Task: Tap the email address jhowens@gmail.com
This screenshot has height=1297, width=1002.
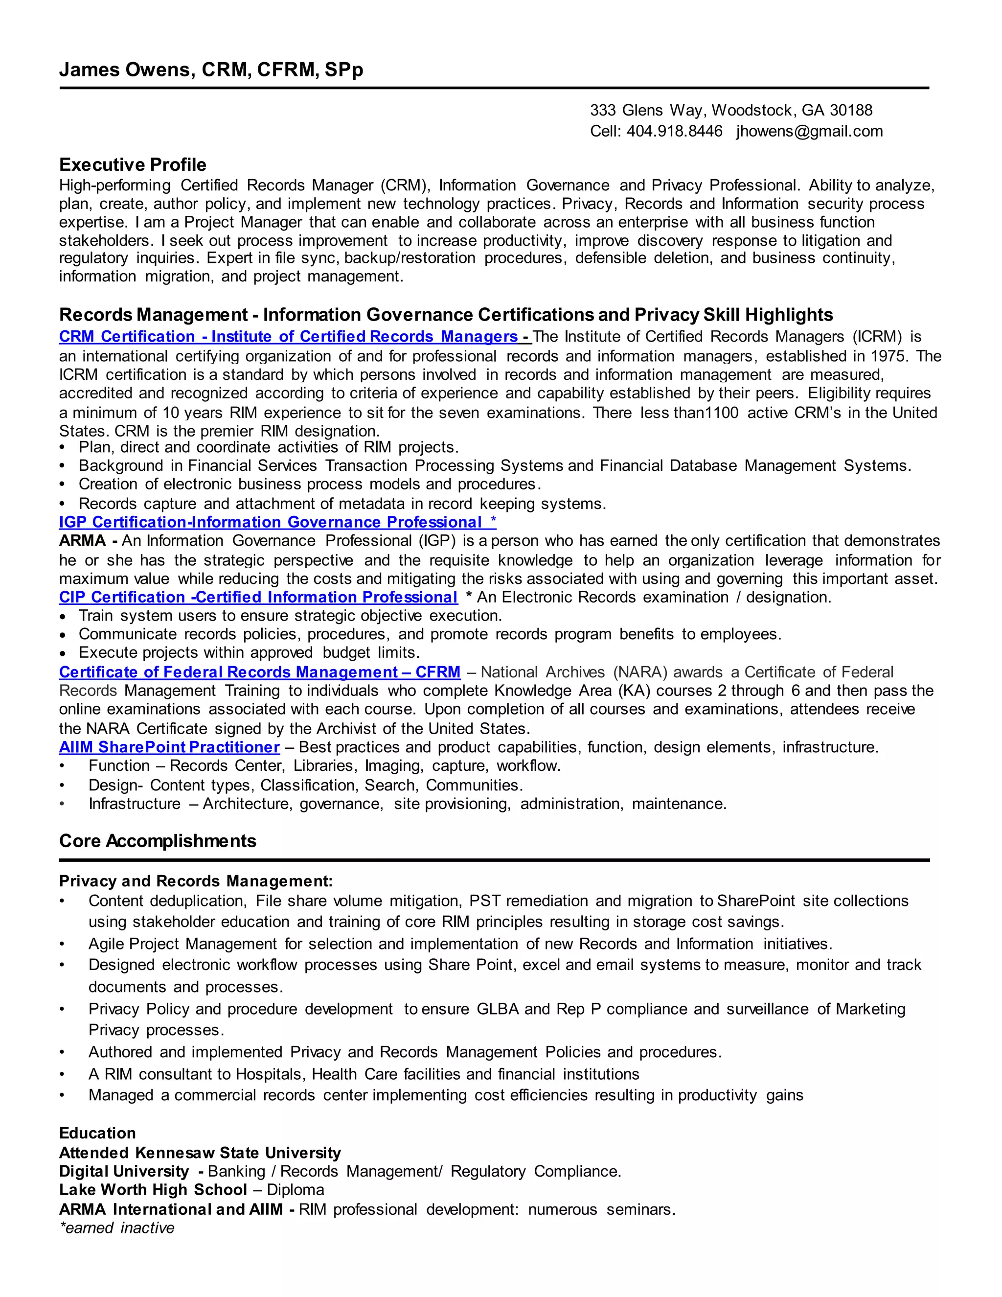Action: [809, 131]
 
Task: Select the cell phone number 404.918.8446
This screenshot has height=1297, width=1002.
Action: [674, 131]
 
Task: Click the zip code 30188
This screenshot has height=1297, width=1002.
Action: [851, 111]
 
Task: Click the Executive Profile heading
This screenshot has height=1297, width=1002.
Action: [133, 164]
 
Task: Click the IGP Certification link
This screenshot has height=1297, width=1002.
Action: [277, 522]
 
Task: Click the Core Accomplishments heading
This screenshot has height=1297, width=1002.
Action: [158, 841]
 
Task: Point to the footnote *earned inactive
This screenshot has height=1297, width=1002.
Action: [117, 1228]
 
